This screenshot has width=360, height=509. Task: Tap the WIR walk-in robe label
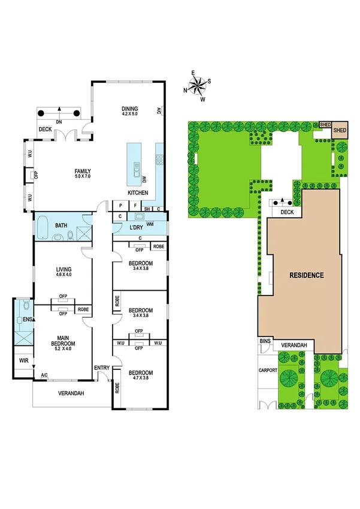[x=23, y=362]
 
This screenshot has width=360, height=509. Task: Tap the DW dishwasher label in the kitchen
[x=144, y=178]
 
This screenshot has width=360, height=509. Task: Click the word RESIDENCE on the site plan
[x=307, y=276]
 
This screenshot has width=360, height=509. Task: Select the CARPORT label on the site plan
[x=268, y=371]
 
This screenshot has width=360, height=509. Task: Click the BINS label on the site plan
[x=265, y=342]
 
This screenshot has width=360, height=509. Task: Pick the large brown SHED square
[x=340, y=129]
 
